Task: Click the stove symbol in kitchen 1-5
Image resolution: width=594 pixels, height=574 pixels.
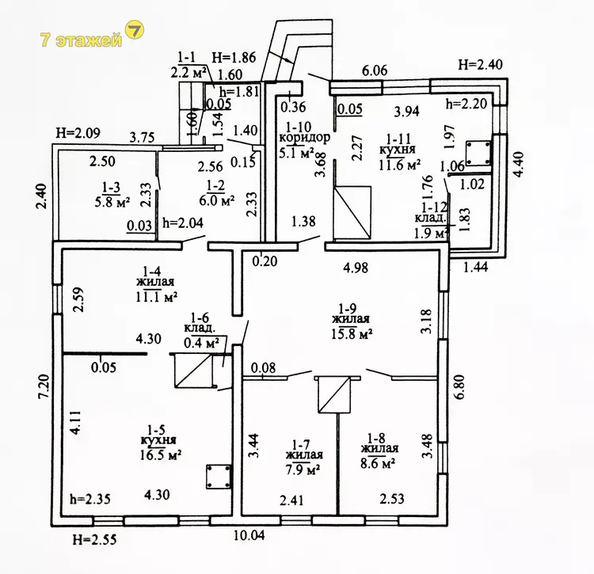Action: tap(216, 477)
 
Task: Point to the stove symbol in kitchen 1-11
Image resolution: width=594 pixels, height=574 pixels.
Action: tap(478, 152)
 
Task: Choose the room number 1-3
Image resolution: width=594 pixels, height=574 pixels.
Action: tap(112, 187)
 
